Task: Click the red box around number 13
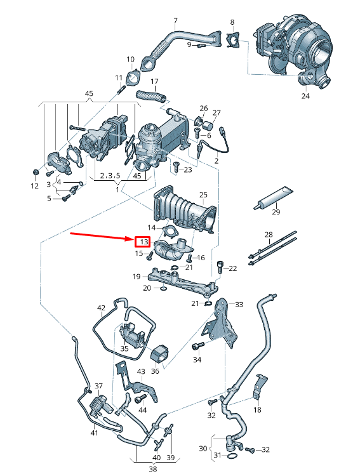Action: click(142, 242)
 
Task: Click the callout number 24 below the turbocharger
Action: click(305, 96)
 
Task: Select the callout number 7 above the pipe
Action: click(176, 21)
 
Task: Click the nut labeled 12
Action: click(35, 173)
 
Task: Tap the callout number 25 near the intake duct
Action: click(203, 195)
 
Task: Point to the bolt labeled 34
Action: click(198, 346)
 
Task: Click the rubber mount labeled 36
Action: click(160, 352)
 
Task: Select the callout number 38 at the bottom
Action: click(153, 469)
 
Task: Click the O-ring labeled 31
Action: click(233, 456)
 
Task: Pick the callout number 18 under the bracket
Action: click(257, 410)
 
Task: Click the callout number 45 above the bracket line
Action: click(89, 93)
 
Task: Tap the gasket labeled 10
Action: click(133, 78)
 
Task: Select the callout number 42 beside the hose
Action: click(101, 308)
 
